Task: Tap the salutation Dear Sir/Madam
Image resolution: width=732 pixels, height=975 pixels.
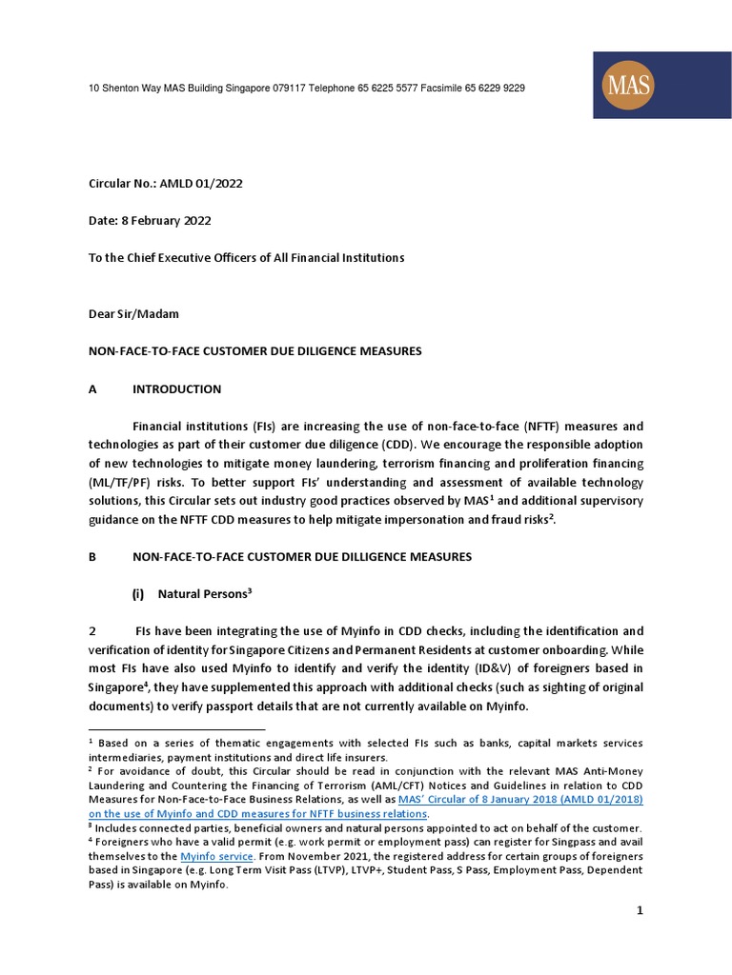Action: pyautogui.click(x=134, y=313)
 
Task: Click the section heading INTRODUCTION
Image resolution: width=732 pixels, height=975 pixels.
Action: pyautogui.click(x=176, y=388)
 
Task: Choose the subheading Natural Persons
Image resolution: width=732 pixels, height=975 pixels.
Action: pyautogui.click(x=204, y=593)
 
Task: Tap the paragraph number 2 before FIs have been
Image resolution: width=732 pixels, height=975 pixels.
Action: pyautogui.click(x=92, y=631)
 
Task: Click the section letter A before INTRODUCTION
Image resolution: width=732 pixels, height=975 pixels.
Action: pyautogui.click(x=92, y=388)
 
